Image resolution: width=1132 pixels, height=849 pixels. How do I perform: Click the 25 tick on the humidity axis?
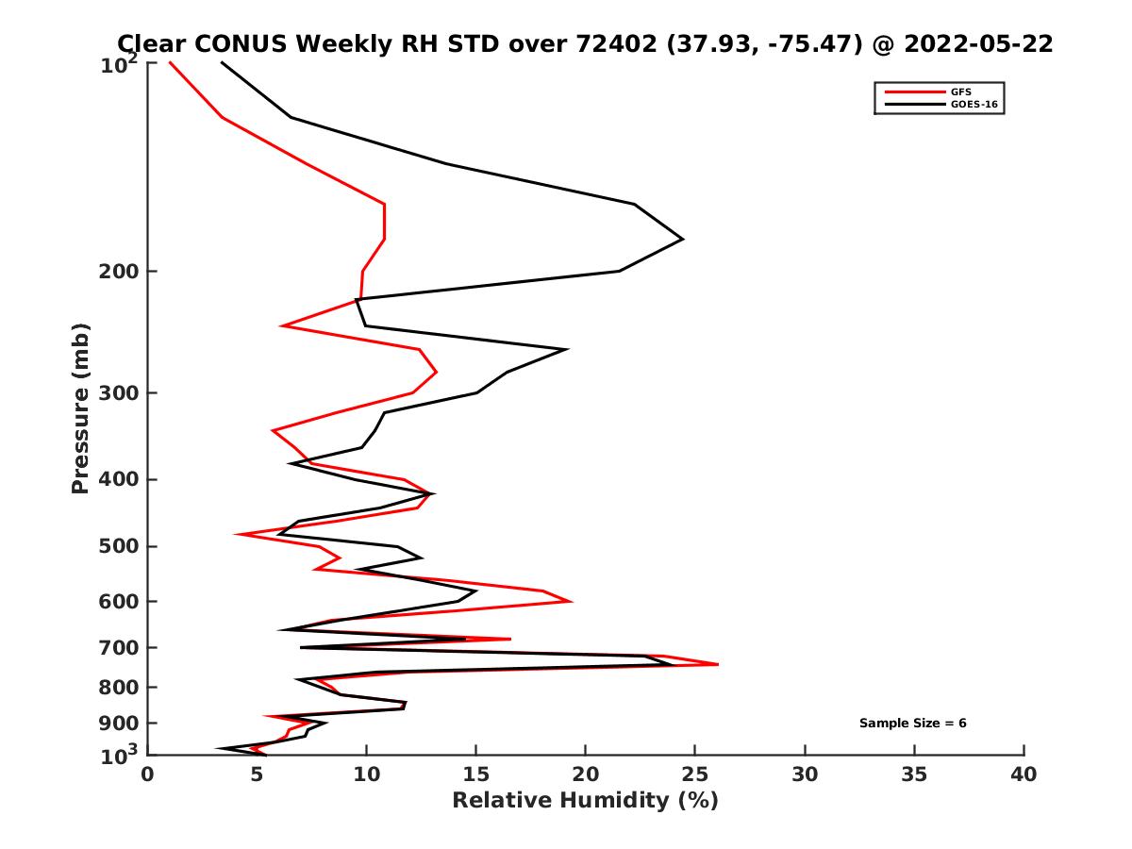(x=695, y=774)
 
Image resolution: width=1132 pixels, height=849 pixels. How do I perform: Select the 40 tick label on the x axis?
(x=1024, y=774)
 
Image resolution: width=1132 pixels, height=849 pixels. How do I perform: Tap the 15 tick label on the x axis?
(x=476, y=774)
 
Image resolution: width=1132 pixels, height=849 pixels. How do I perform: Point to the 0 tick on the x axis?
(x=148, y=774)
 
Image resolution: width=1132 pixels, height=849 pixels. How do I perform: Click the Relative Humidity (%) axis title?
(x=585, y=801)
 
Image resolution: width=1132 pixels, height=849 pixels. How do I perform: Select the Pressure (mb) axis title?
(x=80, y=408)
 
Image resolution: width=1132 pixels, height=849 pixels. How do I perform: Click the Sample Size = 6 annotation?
(x=912, y=724)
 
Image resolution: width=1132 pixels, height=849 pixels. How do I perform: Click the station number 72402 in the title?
(x=613, y=43)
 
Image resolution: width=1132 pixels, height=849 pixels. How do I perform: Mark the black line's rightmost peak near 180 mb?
(x=683, y=239)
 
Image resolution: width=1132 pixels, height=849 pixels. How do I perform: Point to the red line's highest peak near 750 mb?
(x=718, y=664)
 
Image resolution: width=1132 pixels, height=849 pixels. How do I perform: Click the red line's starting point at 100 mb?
(x=170, y=63)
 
